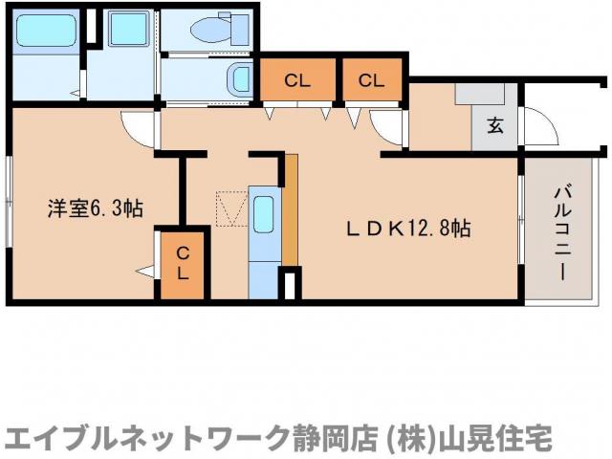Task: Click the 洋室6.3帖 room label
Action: pyautogui.click(x=96, y=208)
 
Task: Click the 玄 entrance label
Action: pyautogui.click(x=496, y=125)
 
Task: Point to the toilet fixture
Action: pyautogui.click(x=211, y=30)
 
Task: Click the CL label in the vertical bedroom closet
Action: pyautogui.click(x=182, y=262)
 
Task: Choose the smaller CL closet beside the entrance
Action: pyautogui.click(x=372, y=80)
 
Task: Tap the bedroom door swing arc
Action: pyautogui.click(x=140, y=129)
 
